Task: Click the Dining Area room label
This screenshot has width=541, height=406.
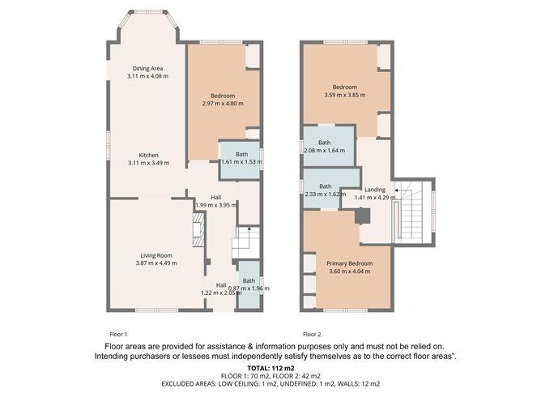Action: coord(147,68)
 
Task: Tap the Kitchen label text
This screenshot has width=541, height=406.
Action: coord(149,155)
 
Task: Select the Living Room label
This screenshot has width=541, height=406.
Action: coord(156,255)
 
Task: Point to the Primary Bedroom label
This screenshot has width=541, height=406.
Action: coord(350,263)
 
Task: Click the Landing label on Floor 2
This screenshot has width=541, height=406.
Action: coord(375,190)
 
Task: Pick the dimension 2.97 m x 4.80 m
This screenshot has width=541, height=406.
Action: coord(223,103)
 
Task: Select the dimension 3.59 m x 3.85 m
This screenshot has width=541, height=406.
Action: coord(345,95)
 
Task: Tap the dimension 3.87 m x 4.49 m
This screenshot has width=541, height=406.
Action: coord(156,263)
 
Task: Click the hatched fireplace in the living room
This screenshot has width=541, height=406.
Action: coord(198,229)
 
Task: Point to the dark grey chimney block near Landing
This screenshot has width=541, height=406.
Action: coord(362,216)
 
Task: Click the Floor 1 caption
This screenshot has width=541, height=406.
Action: coord(118,334)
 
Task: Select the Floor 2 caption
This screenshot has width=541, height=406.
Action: coord(312,334)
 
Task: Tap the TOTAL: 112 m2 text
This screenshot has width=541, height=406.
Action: coord(270,368)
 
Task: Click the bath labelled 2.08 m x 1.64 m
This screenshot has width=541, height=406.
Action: coord(329,146)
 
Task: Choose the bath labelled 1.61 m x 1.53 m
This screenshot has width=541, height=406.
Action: coord(240,160)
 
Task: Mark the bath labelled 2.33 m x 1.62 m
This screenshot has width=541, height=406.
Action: coord(324,189)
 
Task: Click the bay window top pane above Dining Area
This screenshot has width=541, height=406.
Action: coord(148,12)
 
